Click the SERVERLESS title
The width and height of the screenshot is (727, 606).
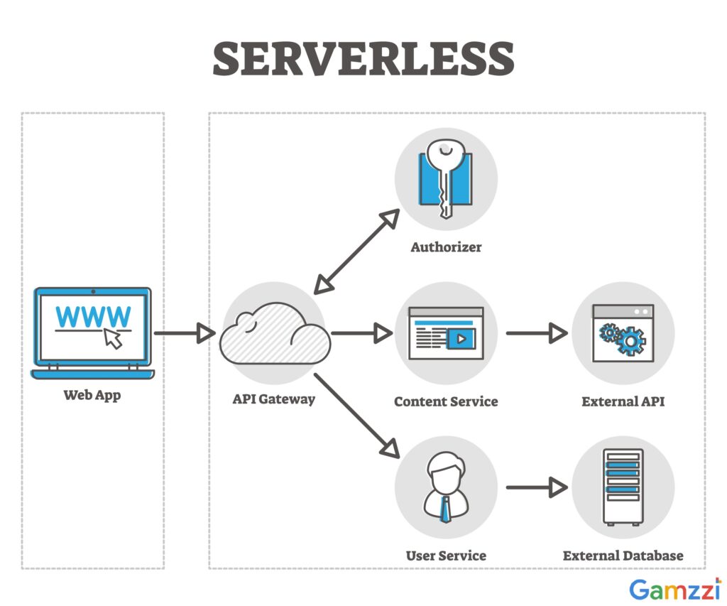click(363, 58)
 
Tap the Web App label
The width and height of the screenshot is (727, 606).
click(92, 395)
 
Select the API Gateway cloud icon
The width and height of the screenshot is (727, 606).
click(275, 335)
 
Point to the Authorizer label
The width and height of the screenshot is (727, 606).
click(446, 247)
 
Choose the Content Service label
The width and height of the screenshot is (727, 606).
click(446, 401)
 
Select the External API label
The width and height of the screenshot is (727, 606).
click(623, 401)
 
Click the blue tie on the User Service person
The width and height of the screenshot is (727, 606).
click(445, 509)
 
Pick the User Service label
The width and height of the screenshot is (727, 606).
click(446, 555)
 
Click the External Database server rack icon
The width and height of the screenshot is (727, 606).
click(623, 487)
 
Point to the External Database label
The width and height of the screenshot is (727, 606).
click(623, 555)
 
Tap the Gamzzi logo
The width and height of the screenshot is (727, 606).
click(675, 589)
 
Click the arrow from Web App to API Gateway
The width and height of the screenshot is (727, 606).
click(184, 332)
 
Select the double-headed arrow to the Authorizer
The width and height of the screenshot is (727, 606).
click(356, 251)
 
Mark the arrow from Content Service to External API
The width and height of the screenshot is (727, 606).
click(536, 332)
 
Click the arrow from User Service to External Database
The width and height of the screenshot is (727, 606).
click(536, 487)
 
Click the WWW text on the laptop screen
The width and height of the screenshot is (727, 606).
click(92, 316)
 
